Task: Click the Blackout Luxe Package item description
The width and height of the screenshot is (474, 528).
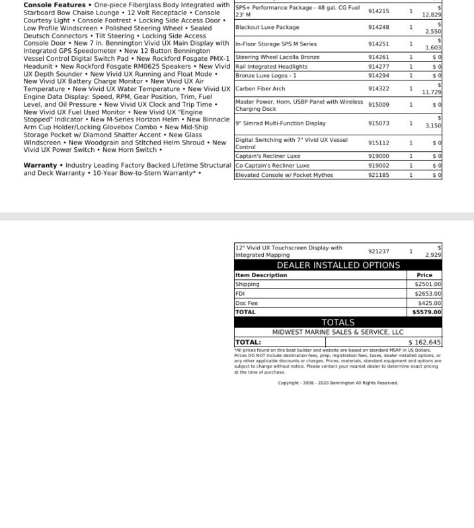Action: click(267, 28)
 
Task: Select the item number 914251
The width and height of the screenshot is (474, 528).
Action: click(379, 44)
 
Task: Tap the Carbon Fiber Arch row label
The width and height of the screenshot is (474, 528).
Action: click(260, 88)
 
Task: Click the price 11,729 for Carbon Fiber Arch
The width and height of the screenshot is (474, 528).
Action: click(432, 92)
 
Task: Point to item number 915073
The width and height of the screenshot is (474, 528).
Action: click(379, 123)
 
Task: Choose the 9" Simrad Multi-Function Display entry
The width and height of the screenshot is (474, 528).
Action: click(280, 123)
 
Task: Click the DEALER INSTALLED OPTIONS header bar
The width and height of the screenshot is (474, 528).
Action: click(338, 265)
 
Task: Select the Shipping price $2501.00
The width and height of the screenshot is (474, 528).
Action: click(428, 284)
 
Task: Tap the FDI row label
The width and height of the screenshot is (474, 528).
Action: click(240, 294)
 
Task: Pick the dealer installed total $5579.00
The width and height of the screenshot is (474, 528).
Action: click(426, 312)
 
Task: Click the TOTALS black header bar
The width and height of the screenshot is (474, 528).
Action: click(338, 322)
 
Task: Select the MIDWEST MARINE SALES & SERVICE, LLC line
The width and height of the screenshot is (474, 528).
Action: click(338, 332)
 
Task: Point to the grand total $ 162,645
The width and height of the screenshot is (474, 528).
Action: click(424, 343)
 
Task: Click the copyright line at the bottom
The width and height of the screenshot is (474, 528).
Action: click(338, 383)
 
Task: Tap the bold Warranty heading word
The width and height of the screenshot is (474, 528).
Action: click(40, 165)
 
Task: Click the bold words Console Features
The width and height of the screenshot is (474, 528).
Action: click(54, 5)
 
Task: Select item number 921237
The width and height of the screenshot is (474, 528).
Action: click(379, 251)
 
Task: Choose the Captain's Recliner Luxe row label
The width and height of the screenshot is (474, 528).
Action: click(267, 156)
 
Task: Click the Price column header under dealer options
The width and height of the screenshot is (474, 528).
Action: click(424, 275)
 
